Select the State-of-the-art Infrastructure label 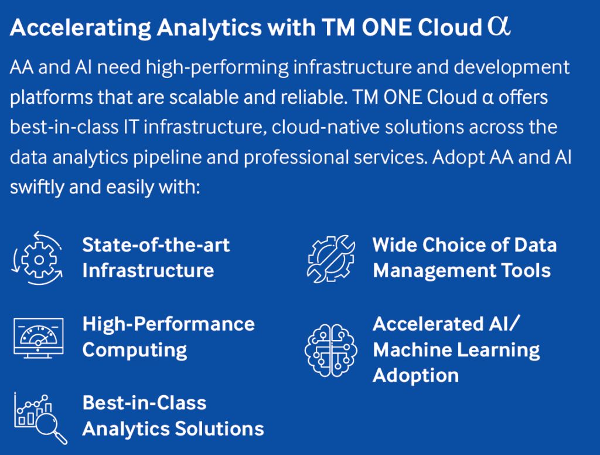(x=156, y=257)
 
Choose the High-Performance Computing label (x=168, y=337)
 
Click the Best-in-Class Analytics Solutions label (x=173, y=416)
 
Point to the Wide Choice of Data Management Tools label (x=464, y=257)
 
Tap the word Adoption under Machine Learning (x=415, y=375)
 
